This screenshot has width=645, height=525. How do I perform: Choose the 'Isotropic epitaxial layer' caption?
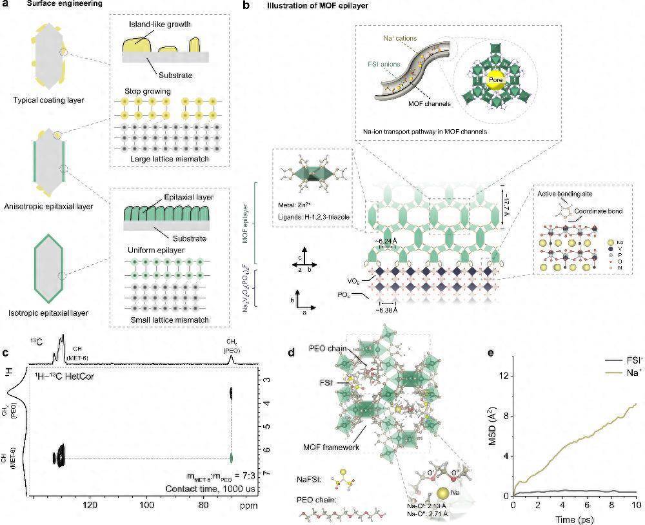click(49, 313)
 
